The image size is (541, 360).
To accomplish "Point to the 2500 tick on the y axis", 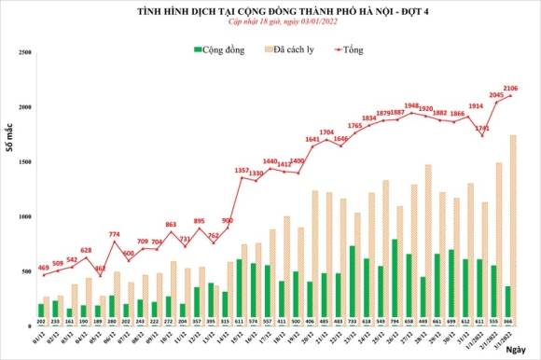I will point(26,53).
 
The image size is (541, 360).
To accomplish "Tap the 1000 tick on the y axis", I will point(26,216).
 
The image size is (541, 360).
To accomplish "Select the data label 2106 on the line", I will point(510,88).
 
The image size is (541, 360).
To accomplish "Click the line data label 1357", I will point(241,172).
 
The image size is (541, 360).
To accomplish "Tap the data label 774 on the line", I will point(114,233).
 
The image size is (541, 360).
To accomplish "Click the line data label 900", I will point(226,221).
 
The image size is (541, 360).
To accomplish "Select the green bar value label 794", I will point(395,322).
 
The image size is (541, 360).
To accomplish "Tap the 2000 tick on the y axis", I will point(26,107).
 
